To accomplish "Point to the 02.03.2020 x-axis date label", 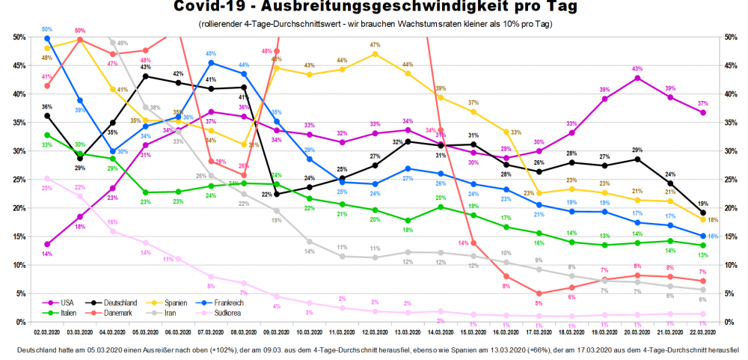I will pos(48,330).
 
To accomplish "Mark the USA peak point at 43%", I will pos(637,78).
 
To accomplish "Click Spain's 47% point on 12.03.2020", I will pos(375,54).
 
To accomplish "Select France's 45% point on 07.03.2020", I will pos(212,63).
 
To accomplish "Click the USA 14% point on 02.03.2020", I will pos(48,244).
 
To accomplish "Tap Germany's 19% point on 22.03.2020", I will pos(702,213).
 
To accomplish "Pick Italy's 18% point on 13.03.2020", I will pos(408,221).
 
